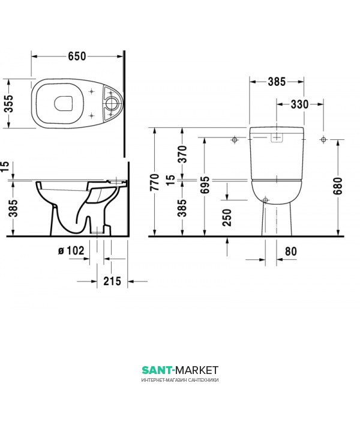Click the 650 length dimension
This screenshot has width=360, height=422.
(77, 56)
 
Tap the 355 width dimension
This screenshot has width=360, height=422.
(9, 103)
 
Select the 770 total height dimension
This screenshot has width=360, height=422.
(155, 182)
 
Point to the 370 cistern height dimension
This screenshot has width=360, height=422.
(183, 154)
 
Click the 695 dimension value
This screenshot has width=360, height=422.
(205, 185)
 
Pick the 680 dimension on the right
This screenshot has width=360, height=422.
(338, 186)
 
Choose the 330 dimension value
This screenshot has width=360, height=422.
(300, 104)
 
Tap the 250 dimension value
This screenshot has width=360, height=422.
(227, 217)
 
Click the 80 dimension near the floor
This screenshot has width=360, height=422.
(291, 252)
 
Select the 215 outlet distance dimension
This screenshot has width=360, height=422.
(112, 282)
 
